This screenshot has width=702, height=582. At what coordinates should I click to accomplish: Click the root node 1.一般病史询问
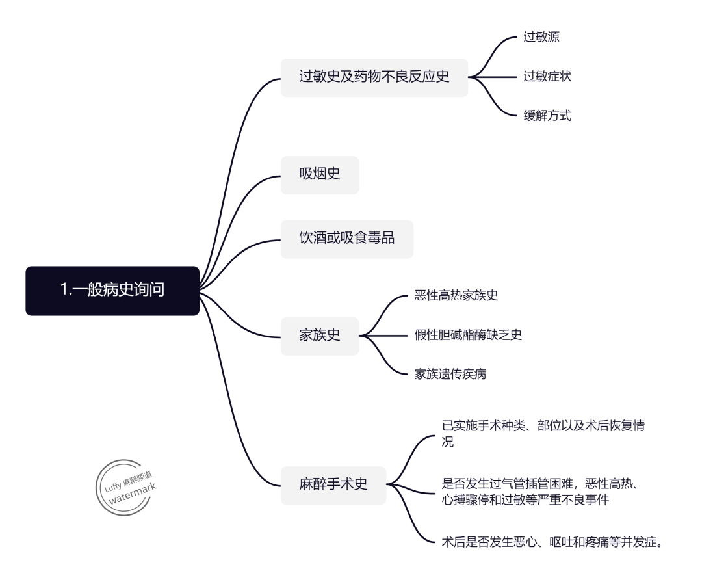click(112, 291)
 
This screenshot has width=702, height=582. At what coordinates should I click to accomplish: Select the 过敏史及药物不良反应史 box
click(374, 77)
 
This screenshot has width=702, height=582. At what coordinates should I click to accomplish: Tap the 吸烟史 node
click(319, 174)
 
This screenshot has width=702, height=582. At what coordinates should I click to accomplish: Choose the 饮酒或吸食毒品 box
click(346, 239)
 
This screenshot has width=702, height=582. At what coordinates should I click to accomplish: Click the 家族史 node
click(319, 336)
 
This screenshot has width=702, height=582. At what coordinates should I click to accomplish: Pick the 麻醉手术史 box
click(333, 484)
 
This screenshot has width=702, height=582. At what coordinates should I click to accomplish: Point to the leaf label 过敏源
click(541, 37)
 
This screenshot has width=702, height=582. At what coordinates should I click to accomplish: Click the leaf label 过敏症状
click(547, 77)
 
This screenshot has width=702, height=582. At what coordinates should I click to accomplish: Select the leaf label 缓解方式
click(547, 116)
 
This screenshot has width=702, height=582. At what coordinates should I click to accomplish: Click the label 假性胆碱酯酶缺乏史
click(468, 336)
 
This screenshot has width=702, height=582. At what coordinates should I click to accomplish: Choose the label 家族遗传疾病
click(450, 375)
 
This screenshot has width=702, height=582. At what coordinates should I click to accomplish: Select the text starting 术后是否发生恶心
click(552, 541)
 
